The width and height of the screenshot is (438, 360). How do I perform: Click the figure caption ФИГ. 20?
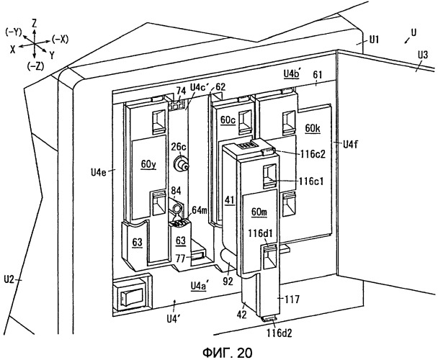pyautogui.click(x=227, y=353)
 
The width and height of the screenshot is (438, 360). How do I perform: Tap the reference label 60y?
pyautogui.click(x=148, y=164)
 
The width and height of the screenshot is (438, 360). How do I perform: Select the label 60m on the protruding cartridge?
pyautogui.click(x=259, y=212)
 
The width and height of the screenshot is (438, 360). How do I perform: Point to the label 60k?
pyautogui.click(x=313, y=128)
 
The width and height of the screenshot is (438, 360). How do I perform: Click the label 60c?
pyautogui.click(x=228, y=120)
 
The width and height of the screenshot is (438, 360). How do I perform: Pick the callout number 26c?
pyautogui.click(x=179, y=147)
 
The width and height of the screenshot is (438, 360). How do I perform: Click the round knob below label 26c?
pyautogui.click(x=181, y=164)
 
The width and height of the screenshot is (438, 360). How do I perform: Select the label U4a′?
pyautogui.click(x=199, y=286)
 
